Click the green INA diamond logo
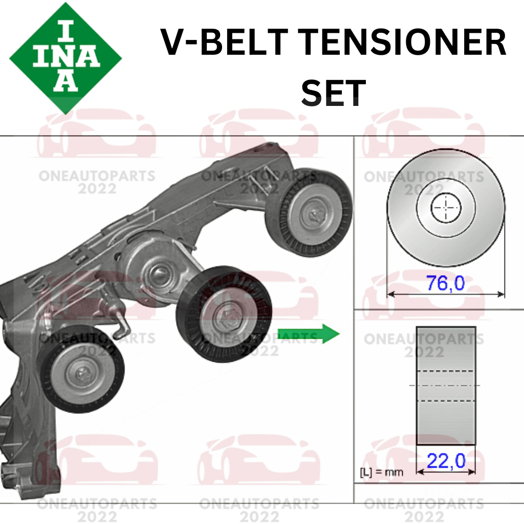pos(65,57)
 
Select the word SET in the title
pos(333,93)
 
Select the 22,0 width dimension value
pos(446,461)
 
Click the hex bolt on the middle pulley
pos(226,314)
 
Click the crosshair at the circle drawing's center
pos(446,208)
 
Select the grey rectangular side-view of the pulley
pos(446,385)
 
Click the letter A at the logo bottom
pos(65,82)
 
